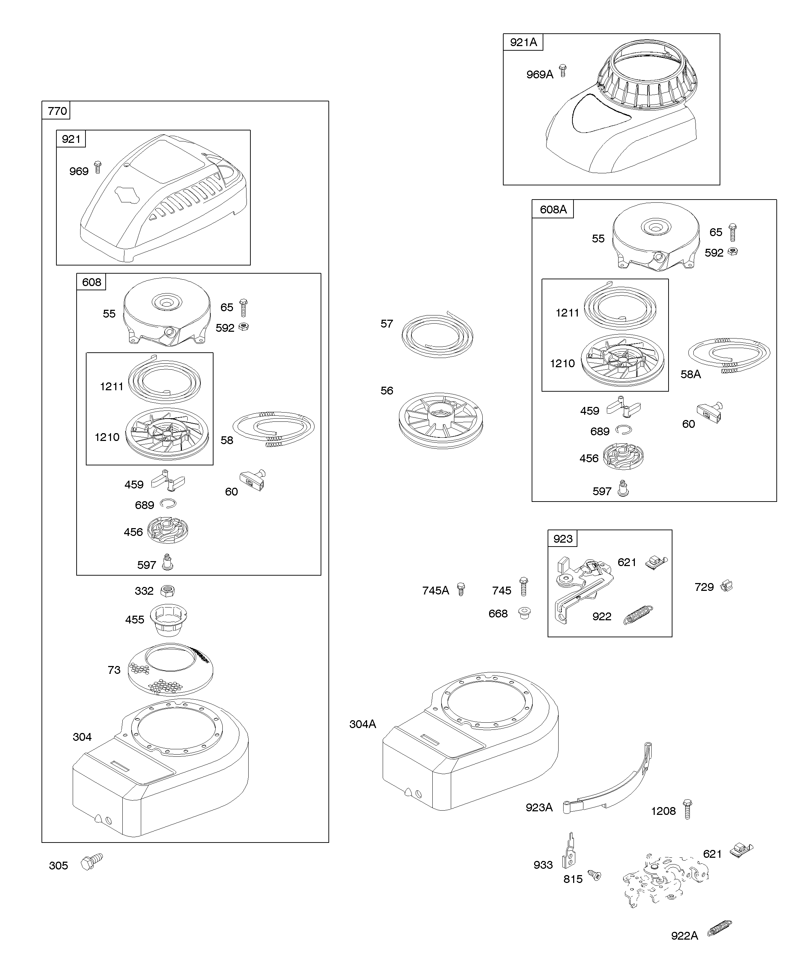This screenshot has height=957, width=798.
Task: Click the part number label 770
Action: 57,111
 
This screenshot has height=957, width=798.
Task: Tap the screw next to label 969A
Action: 563,71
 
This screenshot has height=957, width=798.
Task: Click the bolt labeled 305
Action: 91,862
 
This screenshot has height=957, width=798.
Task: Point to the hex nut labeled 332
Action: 167,591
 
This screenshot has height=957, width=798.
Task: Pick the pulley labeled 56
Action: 440,420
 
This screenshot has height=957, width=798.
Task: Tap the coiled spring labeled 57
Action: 437,335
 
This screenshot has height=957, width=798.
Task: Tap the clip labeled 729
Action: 726,586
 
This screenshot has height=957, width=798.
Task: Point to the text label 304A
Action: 362,724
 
